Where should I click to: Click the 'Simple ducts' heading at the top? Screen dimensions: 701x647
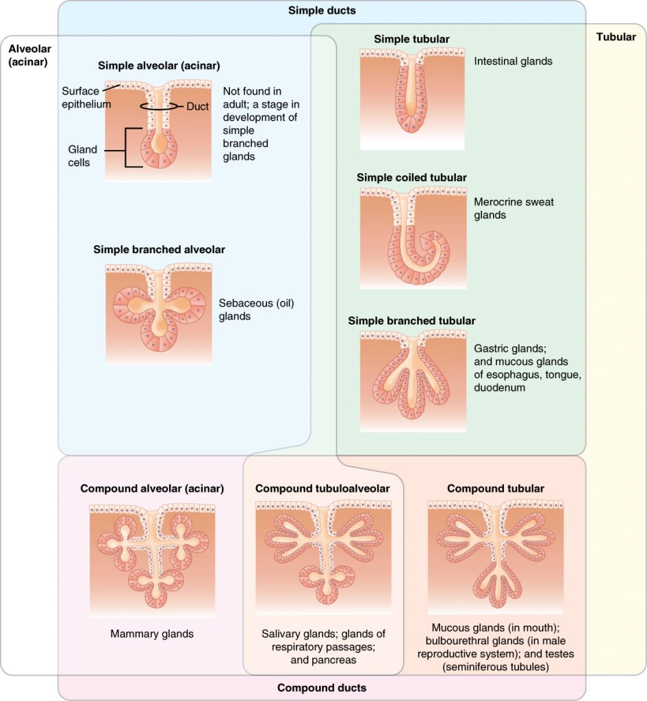coord(322,10)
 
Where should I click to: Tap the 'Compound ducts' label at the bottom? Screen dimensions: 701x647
coord(322,687)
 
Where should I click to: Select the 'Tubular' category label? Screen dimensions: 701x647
coord(616,37)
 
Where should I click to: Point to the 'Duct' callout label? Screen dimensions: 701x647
coord(198,106)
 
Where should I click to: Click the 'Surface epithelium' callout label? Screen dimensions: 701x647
coord(86,97)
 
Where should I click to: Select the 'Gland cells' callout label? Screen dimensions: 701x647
coord(82,156)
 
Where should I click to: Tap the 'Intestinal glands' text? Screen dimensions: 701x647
coord(513,62)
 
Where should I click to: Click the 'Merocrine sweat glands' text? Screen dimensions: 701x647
coord(513,209)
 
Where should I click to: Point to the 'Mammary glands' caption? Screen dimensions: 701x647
coord(152,634)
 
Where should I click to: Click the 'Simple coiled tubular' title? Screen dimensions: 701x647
coord(411,177)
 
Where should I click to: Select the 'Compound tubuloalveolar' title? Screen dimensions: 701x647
coord(322,488)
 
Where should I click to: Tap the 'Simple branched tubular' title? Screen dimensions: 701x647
coord(411,320)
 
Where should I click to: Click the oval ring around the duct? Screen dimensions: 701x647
coord(159,106)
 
